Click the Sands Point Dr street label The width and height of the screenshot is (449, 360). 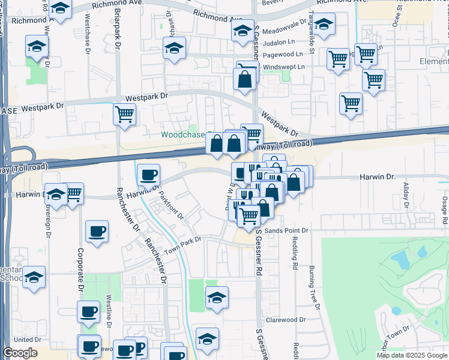pos(287,230)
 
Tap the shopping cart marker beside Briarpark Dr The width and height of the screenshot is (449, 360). pos(124,113)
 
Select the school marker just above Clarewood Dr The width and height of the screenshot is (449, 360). pos(217,297)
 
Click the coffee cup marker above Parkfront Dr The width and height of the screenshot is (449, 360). pos(148,175)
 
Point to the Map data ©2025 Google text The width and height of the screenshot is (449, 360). pos(412,355)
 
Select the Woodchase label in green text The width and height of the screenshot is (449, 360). pos(184,134)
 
